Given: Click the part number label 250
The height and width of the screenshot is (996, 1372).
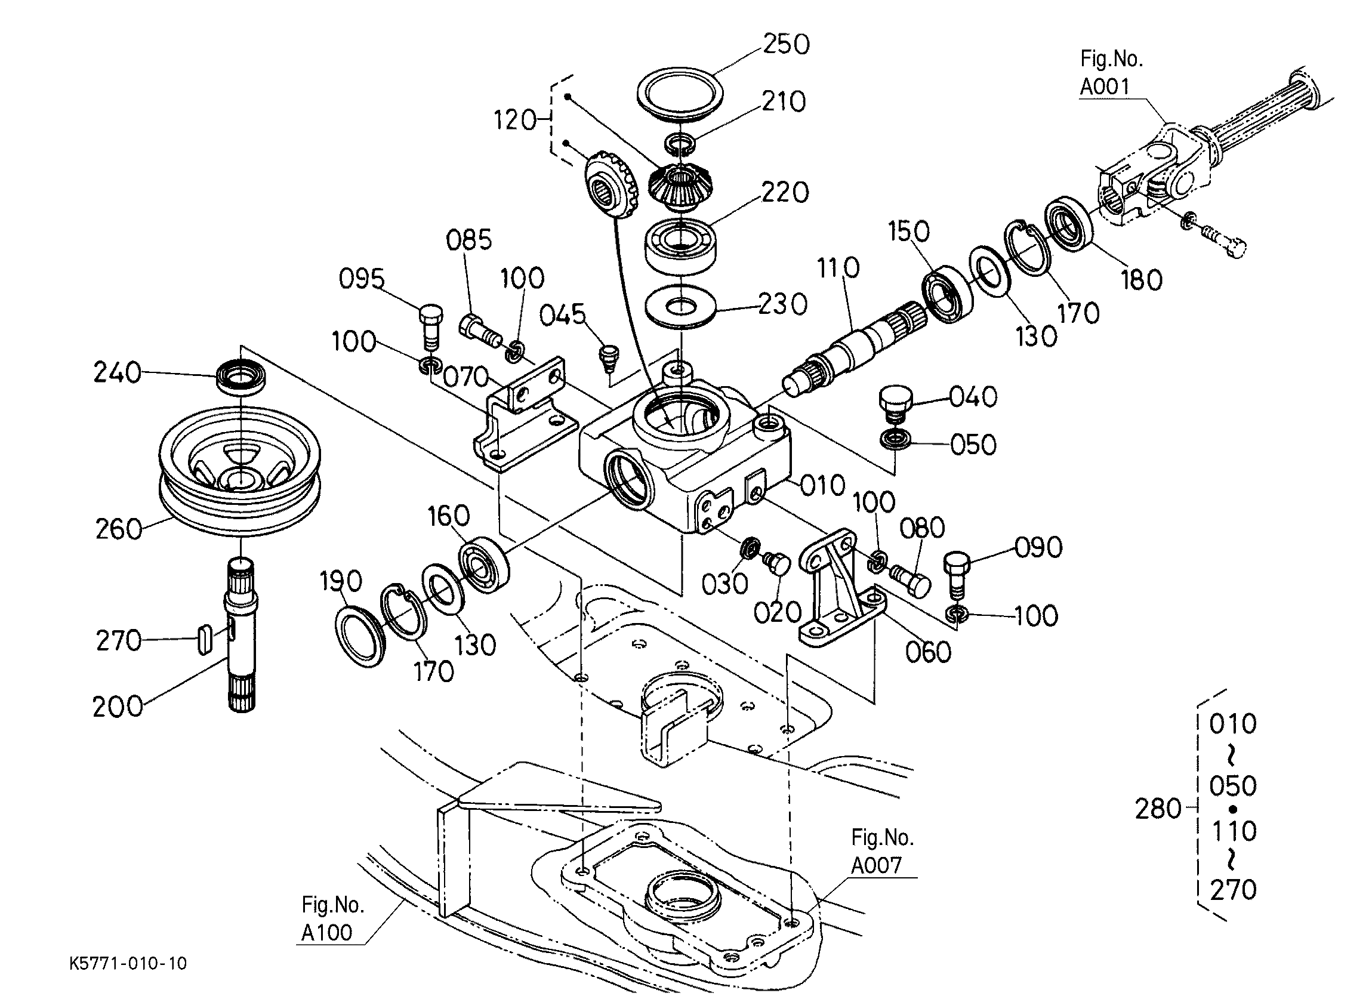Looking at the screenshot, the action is point(786,44).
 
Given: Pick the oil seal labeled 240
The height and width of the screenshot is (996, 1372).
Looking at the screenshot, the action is point(242,377).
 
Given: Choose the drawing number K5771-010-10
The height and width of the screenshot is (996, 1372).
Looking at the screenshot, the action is point(128,963).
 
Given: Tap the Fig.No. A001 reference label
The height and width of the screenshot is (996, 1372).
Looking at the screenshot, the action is point(1111,73).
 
